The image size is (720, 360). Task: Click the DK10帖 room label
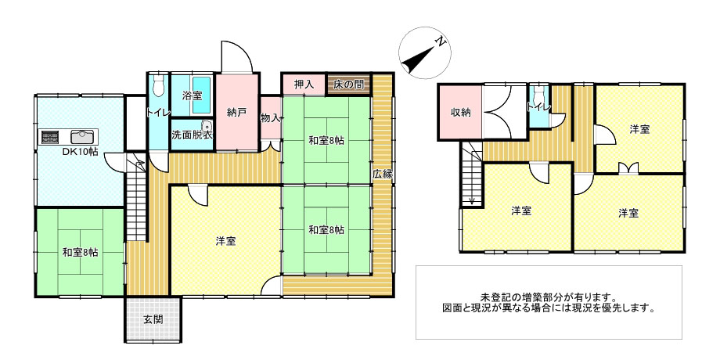coord(81,153)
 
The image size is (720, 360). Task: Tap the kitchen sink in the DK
coord(83,136)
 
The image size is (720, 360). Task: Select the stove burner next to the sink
coord(50,137)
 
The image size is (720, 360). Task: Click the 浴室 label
coord(189,96)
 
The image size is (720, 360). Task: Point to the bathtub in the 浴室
coord(201,95)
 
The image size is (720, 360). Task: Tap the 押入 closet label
coord(303,85)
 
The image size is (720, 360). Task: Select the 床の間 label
coord(347,85)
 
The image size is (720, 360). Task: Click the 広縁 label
coord(382,175)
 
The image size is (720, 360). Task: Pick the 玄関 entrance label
coord(153,320)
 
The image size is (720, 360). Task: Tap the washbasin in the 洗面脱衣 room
coord(206,125)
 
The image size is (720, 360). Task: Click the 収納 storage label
coord(460,112)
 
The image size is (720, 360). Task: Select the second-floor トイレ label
coord(538,107)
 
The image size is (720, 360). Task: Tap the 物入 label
coord(270,118)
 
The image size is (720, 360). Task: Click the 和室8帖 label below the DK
coord(80,253)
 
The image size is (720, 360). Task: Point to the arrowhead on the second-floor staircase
coord(472,200)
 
